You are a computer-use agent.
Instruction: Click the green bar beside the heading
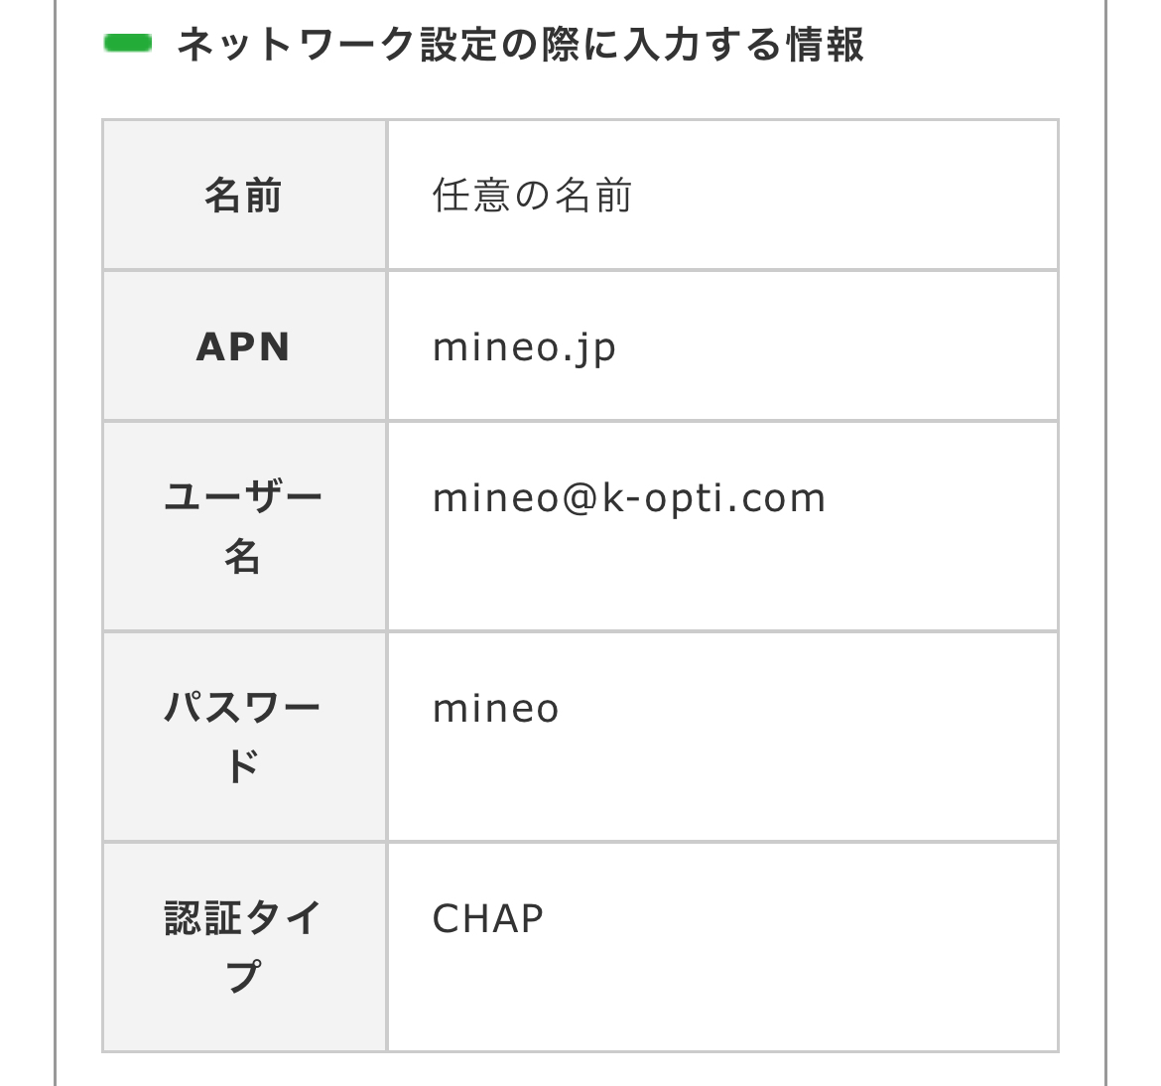coord(127,43)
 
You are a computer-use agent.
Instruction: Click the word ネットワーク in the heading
coord(296,45)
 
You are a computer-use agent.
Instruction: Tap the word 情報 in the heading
coord(825,45)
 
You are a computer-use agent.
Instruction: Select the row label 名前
coord(243,196)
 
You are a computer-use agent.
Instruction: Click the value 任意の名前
coord(532,196)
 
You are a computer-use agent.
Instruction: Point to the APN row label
coord(243,346)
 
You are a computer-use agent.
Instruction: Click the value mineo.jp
coord(524,348)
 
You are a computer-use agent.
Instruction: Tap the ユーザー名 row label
coord(243,527)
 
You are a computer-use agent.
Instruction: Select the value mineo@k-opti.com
coord(629,497)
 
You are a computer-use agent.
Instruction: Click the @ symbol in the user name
coord(580,498)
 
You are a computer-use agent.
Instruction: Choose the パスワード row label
coord(243,737)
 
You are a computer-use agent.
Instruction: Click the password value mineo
coord(495,709)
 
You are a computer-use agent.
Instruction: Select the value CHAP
coord(488,919)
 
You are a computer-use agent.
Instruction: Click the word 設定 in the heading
coord(459,45)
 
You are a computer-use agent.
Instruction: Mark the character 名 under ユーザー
coord(243,556)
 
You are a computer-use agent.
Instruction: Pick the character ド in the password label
coord(243,766)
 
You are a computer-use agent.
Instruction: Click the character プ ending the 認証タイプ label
coord(243,977)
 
